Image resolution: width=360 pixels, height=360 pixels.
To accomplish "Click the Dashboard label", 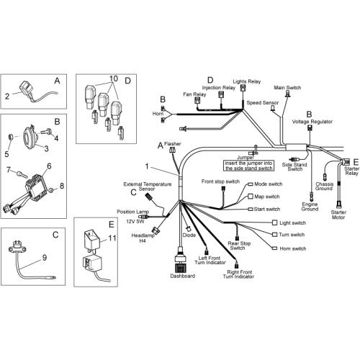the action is (183, 276).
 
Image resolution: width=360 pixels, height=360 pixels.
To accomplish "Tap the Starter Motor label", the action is (338, 215).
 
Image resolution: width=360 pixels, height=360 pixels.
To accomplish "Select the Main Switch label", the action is (287, 88).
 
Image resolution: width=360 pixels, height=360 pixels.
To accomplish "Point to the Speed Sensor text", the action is (263, 103).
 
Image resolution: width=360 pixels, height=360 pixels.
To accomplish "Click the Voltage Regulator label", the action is (312, 122).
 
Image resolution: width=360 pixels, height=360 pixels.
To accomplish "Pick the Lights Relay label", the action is (247, 81).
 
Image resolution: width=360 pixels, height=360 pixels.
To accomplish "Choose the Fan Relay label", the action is (194, 94).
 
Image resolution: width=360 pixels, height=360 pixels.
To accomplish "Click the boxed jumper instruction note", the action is (249, 166).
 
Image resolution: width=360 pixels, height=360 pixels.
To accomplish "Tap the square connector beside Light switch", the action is (275, 222).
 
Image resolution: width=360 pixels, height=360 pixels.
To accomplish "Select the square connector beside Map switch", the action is (251, 197).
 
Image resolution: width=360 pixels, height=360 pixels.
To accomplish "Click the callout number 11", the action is (112, 238).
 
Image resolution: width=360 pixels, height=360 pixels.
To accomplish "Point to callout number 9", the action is (45, 258).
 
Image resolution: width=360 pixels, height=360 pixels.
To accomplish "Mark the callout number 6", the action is (49, 166).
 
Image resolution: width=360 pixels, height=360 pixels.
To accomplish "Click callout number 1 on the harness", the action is (147, 166).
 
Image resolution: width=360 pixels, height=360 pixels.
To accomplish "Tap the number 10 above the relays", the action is (114, 78).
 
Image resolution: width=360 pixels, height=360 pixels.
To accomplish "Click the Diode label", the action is (189, 235).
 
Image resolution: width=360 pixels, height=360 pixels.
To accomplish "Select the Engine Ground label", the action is (310, 207).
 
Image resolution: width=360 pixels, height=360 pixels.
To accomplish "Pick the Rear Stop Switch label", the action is (239, 246).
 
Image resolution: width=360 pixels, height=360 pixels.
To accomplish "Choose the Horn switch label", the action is (293, 248).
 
